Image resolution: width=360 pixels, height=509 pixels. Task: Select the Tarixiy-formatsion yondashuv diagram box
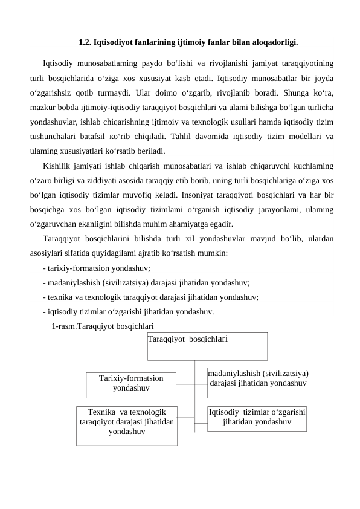tap(131, 383)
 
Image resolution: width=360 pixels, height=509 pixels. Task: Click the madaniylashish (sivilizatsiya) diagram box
tap(258, 381)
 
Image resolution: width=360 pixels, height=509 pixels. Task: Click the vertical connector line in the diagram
tap(195, 393)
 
